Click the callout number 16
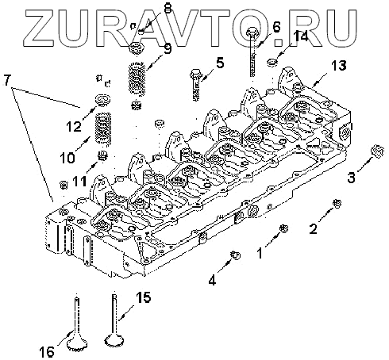click(47, 352)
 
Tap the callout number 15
click(144, 297)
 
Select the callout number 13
click(338, 65)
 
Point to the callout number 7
click(7, 80)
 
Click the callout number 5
click(220, 63)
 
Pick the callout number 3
click(351, 178)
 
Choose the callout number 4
click(212, 280)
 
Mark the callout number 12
click(74, 127)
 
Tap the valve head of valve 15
click(115, 339)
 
